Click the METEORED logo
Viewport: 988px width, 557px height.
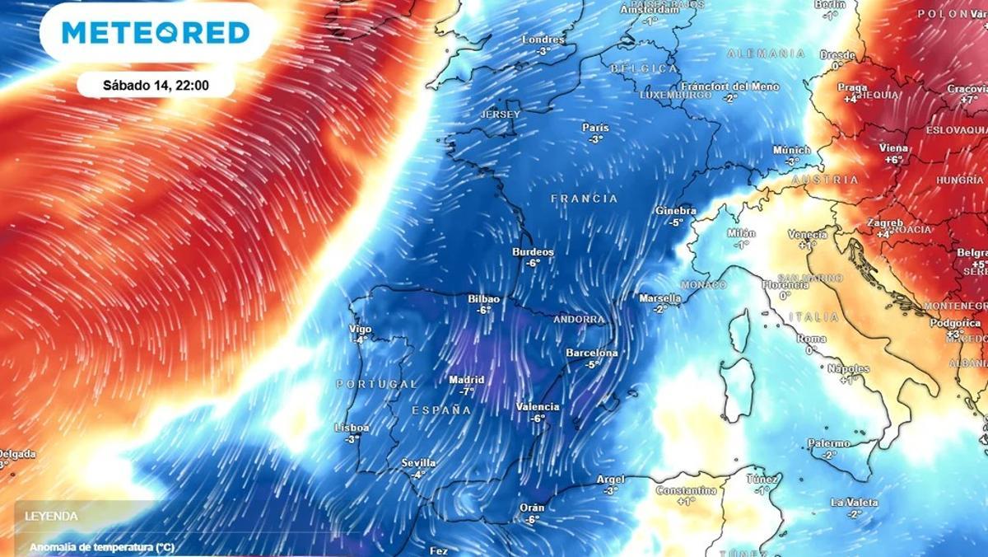pos(156,32)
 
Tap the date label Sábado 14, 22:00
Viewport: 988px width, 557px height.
pos(156,85)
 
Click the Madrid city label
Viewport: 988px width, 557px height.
pos(466,380)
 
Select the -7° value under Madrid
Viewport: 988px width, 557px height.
pos(467,391)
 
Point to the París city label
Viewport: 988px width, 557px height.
pos(595,128)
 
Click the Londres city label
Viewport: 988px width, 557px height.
pos(543,40)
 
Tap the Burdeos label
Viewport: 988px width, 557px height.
pos(533,252)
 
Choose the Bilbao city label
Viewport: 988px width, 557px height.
pos(483,299)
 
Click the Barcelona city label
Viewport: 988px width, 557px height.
pos(591,353)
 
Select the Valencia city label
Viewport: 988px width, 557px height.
pos(538,407)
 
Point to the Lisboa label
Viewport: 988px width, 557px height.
pos(352,428)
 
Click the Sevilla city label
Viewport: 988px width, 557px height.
pos(418,463)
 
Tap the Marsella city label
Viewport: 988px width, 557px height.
pos(659,298)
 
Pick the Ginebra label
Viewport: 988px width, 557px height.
pos(676,211)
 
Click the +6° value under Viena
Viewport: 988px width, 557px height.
pos(894,160)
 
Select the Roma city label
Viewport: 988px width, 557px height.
pos(811,339)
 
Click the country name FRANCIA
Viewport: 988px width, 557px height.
pos(584,199)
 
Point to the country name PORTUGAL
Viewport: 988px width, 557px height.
pos(376,385)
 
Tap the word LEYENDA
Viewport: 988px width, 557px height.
pos(51,517)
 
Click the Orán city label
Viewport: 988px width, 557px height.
pos(532,508)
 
